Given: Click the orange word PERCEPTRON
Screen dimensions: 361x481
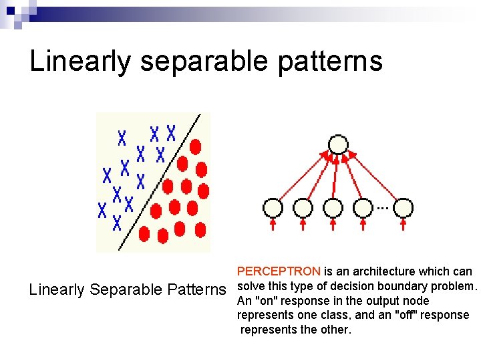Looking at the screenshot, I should [279, 271].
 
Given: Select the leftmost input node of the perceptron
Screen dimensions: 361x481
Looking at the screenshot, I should [273, 208].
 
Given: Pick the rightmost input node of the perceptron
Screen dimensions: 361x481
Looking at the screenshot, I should [403, 208].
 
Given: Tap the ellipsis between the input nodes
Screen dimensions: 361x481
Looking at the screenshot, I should [382, 208].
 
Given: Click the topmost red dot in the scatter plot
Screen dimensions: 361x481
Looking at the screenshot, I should [195, 146].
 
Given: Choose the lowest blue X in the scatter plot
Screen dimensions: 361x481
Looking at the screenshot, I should [117, 223].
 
